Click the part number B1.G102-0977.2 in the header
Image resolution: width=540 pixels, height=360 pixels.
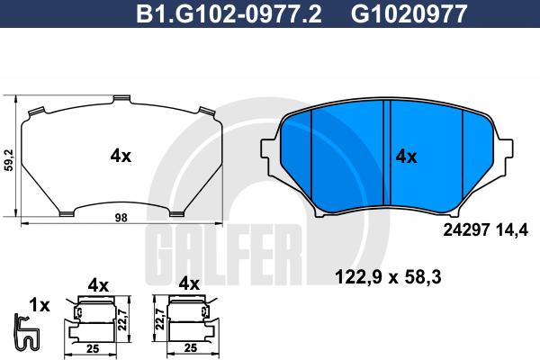click(x=229, y=14)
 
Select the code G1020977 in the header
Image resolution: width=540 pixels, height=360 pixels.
click(x=409, y=14)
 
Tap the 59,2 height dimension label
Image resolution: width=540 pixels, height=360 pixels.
click(x=9, y=160)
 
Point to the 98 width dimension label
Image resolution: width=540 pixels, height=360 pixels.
click(x=121, y=218)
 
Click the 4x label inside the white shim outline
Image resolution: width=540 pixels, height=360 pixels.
click(x=121, y=157)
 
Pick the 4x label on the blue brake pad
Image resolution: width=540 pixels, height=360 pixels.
click(x=406, y=157)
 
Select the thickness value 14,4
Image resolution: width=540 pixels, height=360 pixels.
click(x=512, y=230)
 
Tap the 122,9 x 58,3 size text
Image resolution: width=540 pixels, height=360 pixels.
click(x=388, y=277)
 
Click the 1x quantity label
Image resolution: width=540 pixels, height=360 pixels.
click(x=40, y=305)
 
